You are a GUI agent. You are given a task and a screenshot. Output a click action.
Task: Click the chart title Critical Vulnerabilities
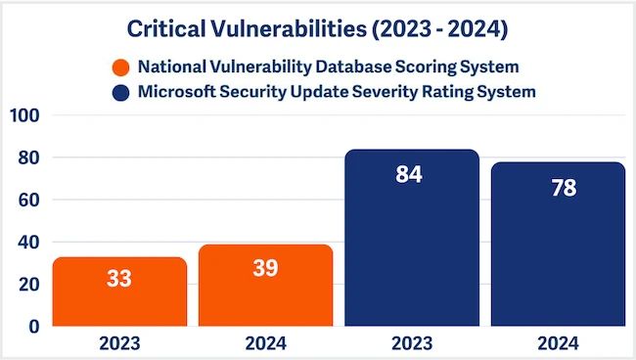[x=318, y=29]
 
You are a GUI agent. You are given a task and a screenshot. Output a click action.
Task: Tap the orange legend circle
[x=121, y=68]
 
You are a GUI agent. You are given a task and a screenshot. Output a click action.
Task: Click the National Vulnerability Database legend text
[x=329, y=68]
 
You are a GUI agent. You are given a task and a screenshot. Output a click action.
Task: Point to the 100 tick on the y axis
[x=23, y=116]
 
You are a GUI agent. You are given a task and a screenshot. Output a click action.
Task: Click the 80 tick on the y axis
[x=27, y=157]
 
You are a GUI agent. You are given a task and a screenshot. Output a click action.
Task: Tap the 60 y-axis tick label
[x=27, y=200]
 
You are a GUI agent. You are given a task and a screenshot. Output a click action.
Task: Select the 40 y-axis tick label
[x=27, y=242]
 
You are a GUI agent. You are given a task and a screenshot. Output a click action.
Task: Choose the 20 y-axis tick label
[x=27, y=284]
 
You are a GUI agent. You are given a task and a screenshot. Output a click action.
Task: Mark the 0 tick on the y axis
[x=32, y=326]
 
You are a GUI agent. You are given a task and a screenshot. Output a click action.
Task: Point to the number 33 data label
[x=118, y=279]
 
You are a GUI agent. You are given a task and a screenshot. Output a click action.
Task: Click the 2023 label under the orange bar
[x=118, y=344]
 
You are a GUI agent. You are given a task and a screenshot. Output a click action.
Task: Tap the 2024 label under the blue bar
[x=558, y=344]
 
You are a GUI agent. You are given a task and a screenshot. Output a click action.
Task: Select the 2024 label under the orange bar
[x=265, y=344]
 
